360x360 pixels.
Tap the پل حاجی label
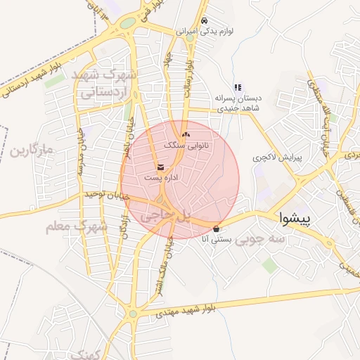165,217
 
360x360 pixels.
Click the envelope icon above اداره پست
161,167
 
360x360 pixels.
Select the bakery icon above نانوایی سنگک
186,134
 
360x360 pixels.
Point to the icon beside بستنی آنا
216,229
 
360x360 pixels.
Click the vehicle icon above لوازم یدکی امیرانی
204,21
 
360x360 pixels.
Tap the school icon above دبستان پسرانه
238,88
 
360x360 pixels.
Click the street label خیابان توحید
105,193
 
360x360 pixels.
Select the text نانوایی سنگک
186,145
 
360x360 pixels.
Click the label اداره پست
162,179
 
